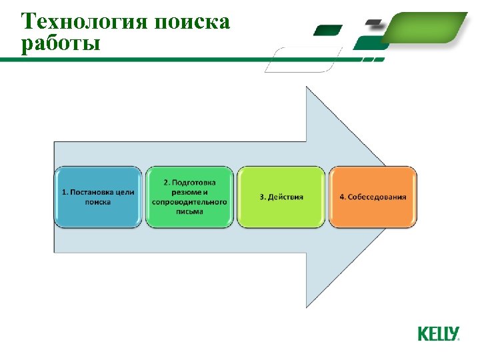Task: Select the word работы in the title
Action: tap(61, 44)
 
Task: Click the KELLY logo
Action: tap(438, 333)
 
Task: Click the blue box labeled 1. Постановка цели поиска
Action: tap(98, 197)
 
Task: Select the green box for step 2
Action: tap(189, 197)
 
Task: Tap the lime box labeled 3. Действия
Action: tap(281, 197)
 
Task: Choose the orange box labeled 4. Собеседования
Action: tap(373, 197)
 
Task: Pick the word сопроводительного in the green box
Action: tap(189, 201)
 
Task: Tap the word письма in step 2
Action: tap(189, 211)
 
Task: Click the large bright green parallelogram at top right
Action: tap(427, 27)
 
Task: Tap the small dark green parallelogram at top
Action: tap(327, 30)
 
